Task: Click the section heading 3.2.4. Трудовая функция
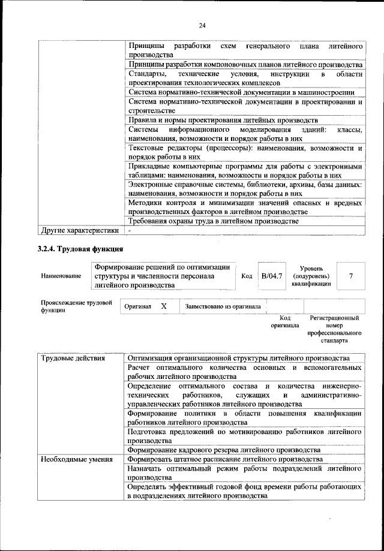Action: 80,248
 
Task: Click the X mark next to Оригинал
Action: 164,306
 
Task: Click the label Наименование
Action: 61,276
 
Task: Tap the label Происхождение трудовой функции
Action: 76,306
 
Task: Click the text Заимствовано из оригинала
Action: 223,306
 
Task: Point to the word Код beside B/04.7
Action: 247,276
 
